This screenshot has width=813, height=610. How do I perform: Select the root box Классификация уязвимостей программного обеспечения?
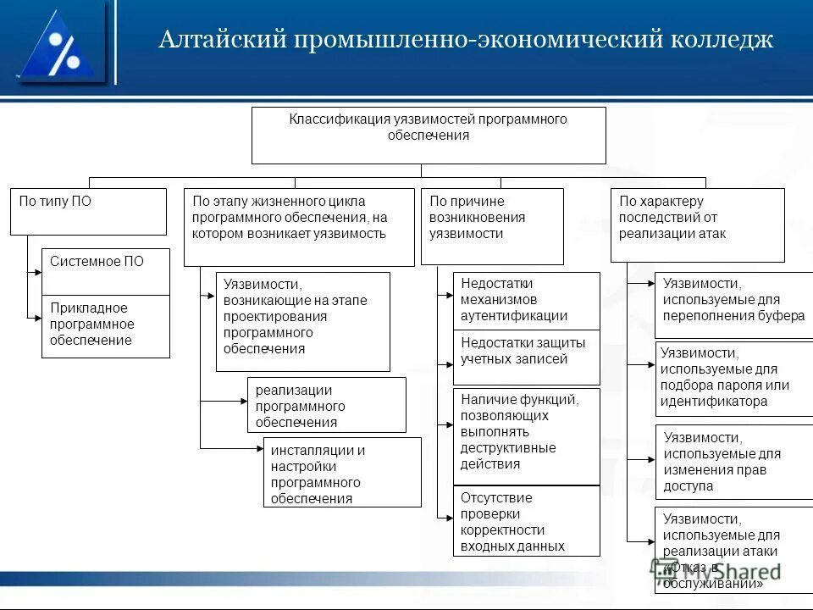point(429,135)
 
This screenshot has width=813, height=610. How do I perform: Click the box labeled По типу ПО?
point(88,211)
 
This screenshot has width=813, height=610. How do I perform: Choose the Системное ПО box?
point(106,271)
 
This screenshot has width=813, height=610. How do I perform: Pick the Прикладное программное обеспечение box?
point(106,325)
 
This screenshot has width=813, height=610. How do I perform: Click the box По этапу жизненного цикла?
point(299,226)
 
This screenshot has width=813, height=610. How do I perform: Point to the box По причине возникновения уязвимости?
point(491,226)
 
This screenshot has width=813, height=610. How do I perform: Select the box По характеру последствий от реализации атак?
point(697,225)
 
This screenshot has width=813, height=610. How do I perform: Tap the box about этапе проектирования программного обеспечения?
point(302,321)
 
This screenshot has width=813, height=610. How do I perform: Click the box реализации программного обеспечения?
point(326,405)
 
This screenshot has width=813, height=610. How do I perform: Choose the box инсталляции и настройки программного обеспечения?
point(342,472)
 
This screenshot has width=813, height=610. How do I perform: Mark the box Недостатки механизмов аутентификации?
point(526,300)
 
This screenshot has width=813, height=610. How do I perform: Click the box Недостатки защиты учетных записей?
point(526,358)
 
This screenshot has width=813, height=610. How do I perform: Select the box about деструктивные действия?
point(526,435)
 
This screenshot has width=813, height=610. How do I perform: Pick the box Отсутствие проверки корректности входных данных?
point(526,521)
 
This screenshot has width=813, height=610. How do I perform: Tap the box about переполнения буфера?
point(733,304)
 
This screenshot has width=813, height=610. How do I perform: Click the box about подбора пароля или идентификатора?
point(733,378)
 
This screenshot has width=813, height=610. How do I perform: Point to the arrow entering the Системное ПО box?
point(36,273)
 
